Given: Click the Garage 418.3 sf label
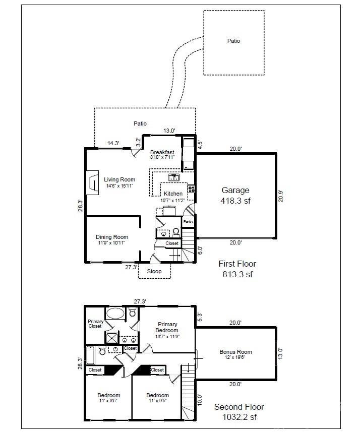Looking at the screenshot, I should click(x=235, y=195).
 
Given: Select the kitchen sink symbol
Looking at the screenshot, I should click(x=173, y=177).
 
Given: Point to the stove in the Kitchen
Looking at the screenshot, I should click(x=191, y=190).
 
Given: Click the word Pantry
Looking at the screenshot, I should click(x=188, y=221).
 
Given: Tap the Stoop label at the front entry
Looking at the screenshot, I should click(x=154, y=271).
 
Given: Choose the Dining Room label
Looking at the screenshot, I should click(x=112, y=239).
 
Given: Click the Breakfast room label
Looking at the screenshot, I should click(x=162, y=154).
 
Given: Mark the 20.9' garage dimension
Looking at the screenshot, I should click(x=281, y=196).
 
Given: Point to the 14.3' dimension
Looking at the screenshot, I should click(x=113, y=143).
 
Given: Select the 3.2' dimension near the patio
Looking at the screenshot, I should click(x=138, y=141).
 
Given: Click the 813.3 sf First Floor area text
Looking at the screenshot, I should click(x=237, y=275).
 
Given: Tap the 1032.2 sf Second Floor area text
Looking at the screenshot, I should click(x=238, y=417).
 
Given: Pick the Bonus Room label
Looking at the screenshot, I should click(x=235, y=354).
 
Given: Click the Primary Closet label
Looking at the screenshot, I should click(x=95, y=324).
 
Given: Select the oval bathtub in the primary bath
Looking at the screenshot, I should click(x=115, y=313).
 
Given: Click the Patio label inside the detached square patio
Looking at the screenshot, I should click(x=233, y=41).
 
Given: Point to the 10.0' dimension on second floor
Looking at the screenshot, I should click(x=200, y=399).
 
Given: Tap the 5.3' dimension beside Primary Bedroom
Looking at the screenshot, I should click(x=199, y=317).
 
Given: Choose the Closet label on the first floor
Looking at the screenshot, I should click(x=172, y=243).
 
